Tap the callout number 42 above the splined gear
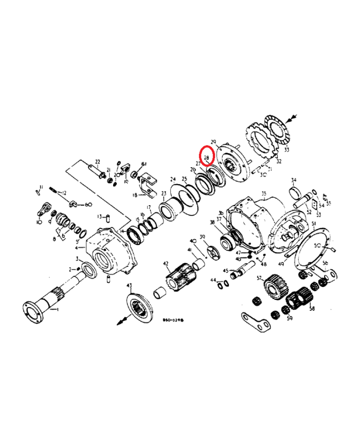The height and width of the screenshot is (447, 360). tap(166, 264)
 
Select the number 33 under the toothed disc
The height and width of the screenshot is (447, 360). tap(286, 150)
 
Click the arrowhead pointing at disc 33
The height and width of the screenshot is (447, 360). tap(293, 119)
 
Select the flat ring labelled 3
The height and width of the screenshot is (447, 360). tap(88, 269)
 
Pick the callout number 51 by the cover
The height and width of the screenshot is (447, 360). tap(313, 224)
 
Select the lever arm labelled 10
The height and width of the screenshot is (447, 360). tap(45, 210)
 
